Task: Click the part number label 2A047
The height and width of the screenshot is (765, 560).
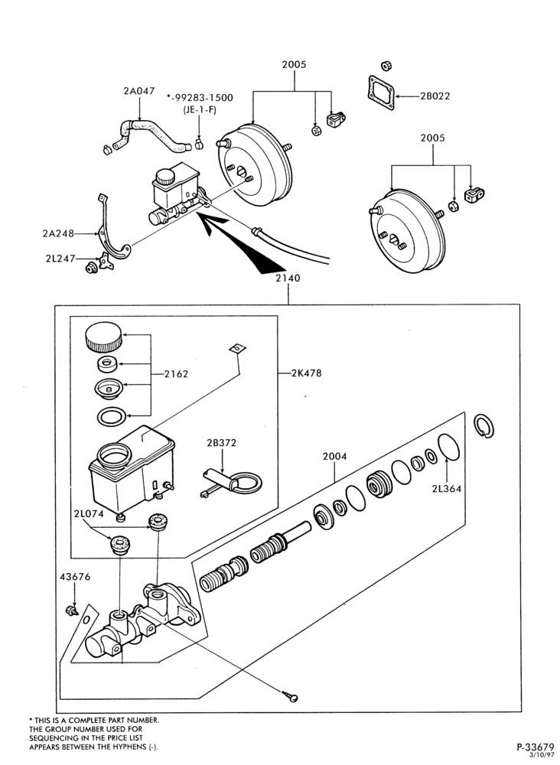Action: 139,91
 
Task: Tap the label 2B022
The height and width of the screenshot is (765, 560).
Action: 435,96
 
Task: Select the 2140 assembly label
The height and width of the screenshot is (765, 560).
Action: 288,278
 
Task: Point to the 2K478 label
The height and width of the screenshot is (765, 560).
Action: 307,373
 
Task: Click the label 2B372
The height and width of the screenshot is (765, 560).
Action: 221,443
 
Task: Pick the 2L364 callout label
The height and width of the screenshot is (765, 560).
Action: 446,488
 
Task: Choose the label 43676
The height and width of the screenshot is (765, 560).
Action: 75,577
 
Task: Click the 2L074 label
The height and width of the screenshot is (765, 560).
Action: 90,514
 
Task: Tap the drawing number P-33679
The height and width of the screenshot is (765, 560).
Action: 536,747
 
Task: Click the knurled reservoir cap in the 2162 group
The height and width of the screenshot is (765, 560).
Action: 103,337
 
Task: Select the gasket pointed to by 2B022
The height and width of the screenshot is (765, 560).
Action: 381,95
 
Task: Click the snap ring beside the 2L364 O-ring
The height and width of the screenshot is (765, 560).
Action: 484,426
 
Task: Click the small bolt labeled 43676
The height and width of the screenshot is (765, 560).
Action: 72,610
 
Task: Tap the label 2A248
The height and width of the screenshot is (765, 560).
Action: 58,233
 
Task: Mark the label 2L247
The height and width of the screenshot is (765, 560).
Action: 60,258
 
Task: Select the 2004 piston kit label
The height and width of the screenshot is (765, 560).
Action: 334,457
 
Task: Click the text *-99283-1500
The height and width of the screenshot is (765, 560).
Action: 200,98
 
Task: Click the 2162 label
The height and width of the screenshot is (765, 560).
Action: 176,374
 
